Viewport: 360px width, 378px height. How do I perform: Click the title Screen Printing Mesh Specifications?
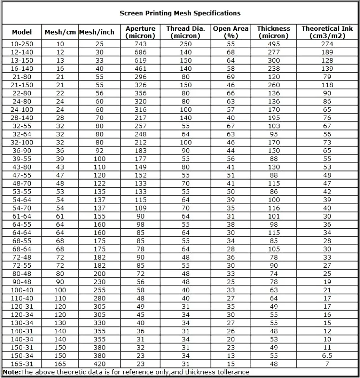point(180,13)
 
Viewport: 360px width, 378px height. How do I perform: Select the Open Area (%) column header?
point(231,32)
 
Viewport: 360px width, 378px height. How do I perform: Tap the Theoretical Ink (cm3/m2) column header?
point(327,32)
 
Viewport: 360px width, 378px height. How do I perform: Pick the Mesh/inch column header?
point(97,32)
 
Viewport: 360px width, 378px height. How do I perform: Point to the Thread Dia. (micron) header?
point(186,32)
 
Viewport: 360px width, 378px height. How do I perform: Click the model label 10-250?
point(22,44)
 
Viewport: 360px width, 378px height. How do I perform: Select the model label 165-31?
point(22,364)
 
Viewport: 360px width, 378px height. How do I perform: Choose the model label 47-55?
point(22,175)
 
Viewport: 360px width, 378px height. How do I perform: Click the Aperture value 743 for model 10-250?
point(141,44)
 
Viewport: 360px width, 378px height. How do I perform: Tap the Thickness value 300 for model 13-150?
point(274,60)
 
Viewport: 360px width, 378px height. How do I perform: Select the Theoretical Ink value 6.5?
point(327,356)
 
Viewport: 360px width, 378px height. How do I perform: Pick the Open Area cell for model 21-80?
point(231,77)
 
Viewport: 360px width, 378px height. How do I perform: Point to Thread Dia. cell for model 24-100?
point(186,109)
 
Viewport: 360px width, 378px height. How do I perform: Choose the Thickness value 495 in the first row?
point(274,44)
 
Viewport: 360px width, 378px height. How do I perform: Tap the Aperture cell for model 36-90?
point(141,151)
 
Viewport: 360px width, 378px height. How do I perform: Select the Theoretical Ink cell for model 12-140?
point(327,52)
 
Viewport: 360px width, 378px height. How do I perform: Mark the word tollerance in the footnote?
point(231,372)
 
